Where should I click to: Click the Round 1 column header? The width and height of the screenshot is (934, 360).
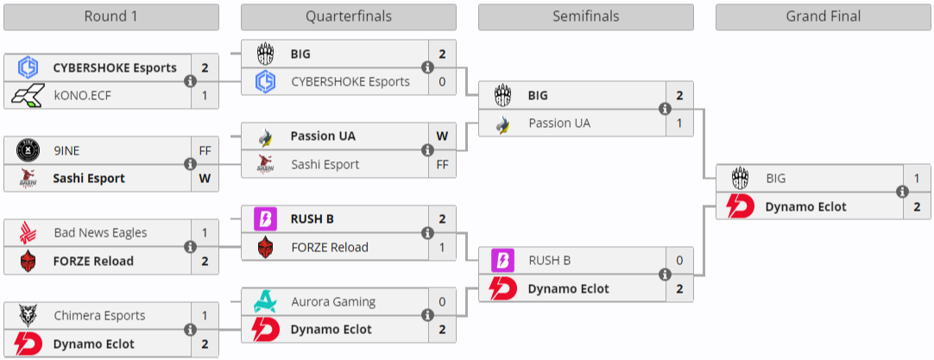[x=110, y=17]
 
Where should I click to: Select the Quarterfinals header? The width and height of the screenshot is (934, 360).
[x=348, y=17]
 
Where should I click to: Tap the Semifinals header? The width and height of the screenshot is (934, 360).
[x=585, y=17]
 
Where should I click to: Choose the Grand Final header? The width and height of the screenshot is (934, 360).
[x=823, y=17]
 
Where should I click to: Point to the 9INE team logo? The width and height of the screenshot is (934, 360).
[x=28, y=150]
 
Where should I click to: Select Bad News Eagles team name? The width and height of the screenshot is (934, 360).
[x=100, y=233]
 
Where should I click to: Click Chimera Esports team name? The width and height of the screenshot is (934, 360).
[x=99, y=316]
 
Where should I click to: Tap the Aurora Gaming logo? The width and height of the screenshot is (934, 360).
[x=265, y=302]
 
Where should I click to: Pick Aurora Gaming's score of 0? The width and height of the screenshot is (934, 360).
[x=442, y=302]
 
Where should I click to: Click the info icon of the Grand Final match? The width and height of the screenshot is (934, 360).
[x=902, y=193]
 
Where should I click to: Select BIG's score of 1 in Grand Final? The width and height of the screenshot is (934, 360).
[x=917, y=179]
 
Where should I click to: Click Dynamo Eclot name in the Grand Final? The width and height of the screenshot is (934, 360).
[x=805, y=206]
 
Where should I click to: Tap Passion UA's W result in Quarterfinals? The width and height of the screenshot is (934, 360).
[x=442, y=136]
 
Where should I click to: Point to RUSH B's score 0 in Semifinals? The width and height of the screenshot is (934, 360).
[x=679, y=261]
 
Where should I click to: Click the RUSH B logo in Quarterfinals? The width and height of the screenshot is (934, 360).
[x=265, y=219]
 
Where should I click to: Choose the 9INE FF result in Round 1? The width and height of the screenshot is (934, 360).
[x=205, y=150]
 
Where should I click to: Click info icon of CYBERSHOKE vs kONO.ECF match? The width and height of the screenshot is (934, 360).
[x=190, y=81]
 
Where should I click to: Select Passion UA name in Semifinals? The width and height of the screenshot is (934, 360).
[x=559, y=123]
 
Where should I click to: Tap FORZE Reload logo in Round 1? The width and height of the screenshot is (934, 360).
[x=28, y=261]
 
